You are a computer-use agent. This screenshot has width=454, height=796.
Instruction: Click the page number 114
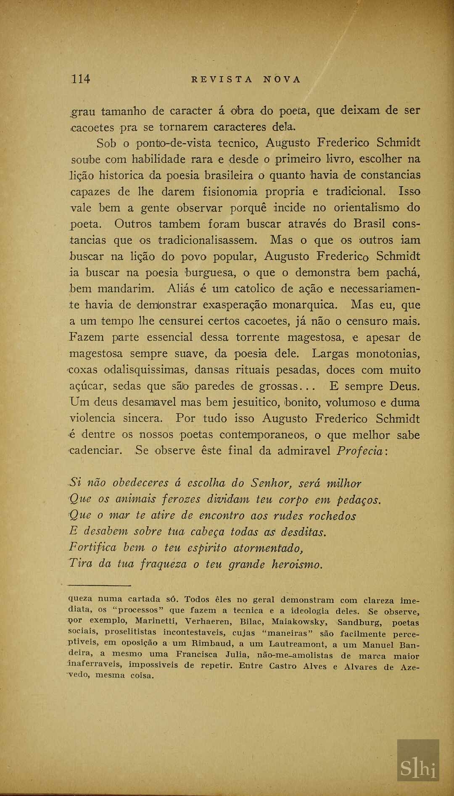[x=81, y=79]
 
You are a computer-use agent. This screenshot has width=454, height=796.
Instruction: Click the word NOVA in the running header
[x=282, y=79]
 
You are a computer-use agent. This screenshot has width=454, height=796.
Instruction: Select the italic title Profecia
[x=360, y=451]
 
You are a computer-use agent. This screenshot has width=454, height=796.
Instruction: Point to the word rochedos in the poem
[x=333, y=516]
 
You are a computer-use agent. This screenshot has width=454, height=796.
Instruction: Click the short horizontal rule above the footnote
[x=99, y=585]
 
